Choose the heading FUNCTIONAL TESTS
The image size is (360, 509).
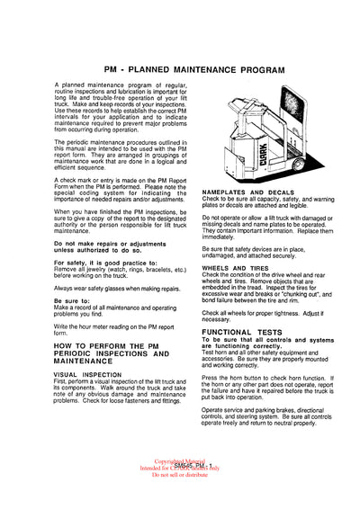click(x=237, y=332)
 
